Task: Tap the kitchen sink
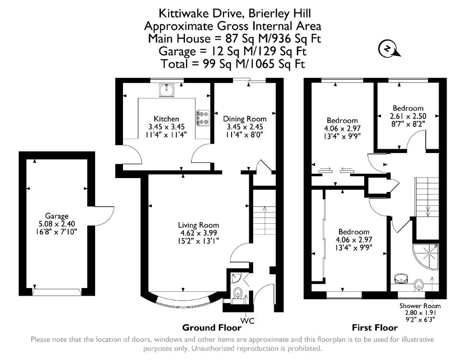coord(167,90)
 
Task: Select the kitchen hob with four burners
coord(203,118)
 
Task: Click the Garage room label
coord(57,216)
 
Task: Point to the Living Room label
coord(198,225)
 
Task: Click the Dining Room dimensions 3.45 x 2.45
coord(245,127)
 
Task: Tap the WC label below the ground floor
coord(247,321)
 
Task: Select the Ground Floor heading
coord(211,328)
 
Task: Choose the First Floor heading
coord(375,328)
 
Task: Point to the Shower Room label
coord(420,306)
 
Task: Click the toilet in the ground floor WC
coord(238,293)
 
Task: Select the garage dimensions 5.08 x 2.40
coord(57,224)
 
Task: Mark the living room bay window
coord(182,300)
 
